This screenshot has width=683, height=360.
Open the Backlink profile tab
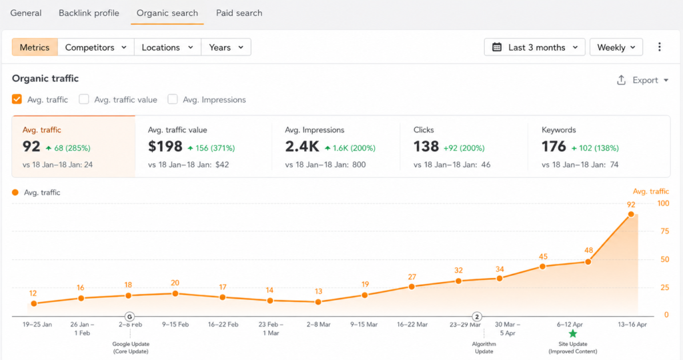(89, 13)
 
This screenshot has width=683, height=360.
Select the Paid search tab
(239, 13)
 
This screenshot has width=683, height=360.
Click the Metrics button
(35, 47)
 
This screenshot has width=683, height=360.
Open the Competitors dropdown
(96, 47)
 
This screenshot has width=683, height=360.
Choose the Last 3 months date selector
(535, 47)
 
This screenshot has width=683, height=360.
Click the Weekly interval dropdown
(616, 47)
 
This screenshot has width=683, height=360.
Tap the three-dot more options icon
(660, 47)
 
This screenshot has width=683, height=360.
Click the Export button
(642, 80)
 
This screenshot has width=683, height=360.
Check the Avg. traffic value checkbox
(84, 99)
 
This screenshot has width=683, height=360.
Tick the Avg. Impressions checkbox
(173, 99)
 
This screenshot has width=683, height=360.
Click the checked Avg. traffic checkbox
(17, 99)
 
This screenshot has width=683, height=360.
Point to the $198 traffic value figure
(165, 147)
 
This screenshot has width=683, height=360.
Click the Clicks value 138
(426, 147)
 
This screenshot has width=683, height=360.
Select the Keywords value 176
(554, 147)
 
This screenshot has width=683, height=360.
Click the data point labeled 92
(631, 214)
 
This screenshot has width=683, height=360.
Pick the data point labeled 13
(318, 302)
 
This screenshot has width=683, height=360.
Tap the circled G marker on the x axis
(129, 317)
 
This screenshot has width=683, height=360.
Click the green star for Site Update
(573, 334)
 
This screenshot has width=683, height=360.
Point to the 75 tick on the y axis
(665, 231)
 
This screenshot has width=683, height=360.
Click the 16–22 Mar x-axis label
(412, 324)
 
